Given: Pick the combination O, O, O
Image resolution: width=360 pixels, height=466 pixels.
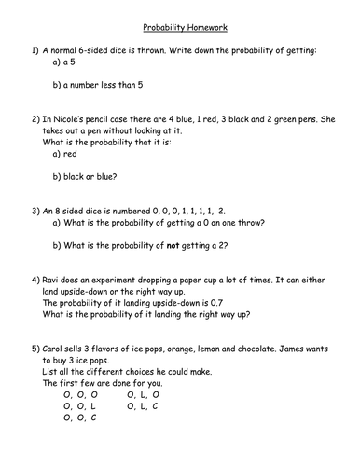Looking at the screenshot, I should tap(81, 394).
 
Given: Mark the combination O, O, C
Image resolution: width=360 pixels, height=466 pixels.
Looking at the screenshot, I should tap(81, 419).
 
